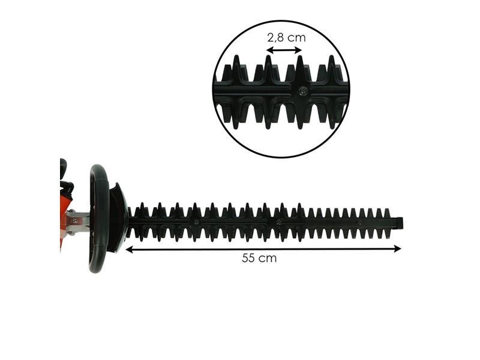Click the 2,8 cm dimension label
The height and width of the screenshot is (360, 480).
click(x=286, y=38)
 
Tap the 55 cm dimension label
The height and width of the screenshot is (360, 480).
click(x=259, y=258)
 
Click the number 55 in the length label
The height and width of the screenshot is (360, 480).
click(x=248, y=258)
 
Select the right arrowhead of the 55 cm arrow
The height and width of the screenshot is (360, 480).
click(x=397, y=248)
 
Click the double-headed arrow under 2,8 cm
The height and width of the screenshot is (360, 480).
click(x=284, y=50)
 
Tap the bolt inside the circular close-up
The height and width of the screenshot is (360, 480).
click(x=303, y=90)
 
